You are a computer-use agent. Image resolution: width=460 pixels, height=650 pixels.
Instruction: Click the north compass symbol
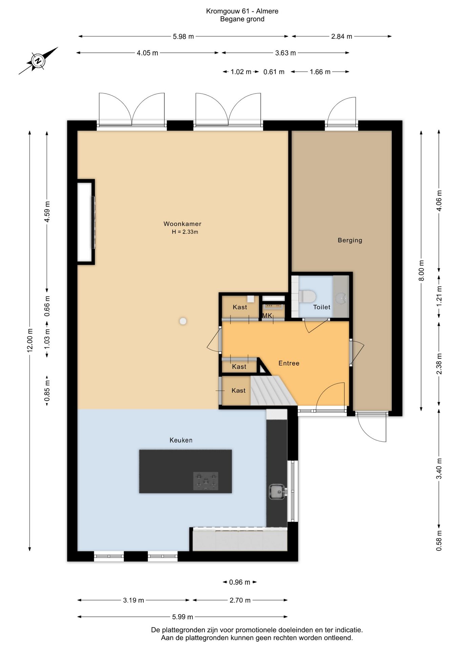[x=38, y=61]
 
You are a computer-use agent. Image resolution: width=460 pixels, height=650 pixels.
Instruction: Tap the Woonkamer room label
[x=182, y=224]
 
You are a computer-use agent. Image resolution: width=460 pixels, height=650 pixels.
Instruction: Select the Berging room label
[x=350, y=240]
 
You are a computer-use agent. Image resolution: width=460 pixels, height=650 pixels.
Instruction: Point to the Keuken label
[x=181, y=440]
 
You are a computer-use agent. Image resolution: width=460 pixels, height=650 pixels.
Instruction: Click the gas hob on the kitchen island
[x=206, y=481]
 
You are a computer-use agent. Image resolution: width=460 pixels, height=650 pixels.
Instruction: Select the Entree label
[x=289, y=363]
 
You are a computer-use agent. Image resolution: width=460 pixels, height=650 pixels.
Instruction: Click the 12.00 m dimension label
[x=30, y=340]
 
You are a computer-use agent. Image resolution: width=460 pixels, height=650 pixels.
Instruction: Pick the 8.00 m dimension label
[x=421, y=270]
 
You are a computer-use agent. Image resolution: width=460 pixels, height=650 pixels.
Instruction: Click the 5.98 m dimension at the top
[x=183, y=37]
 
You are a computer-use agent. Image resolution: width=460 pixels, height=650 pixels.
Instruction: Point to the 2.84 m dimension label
[x=341, y=37]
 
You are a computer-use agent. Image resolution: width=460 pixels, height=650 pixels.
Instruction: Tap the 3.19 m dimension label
[x=133, y=600]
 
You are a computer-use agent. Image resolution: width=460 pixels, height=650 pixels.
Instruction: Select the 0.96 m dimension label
[x=239, y=582]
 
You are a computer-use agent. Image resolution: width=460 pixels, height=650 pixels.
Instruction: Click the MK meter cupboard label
[x=267, y=316]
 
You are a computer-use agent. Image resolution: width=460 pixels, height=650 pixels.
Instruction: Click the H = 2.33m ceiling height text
[x=185, y=232]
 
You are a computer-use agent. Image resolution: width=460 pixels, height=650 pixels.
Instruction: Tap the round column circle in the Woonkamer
[x=183, y=321]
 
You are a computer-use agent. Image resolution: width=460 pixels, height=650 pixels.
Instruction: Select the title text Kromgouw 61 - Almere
[x=242, y=11]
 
